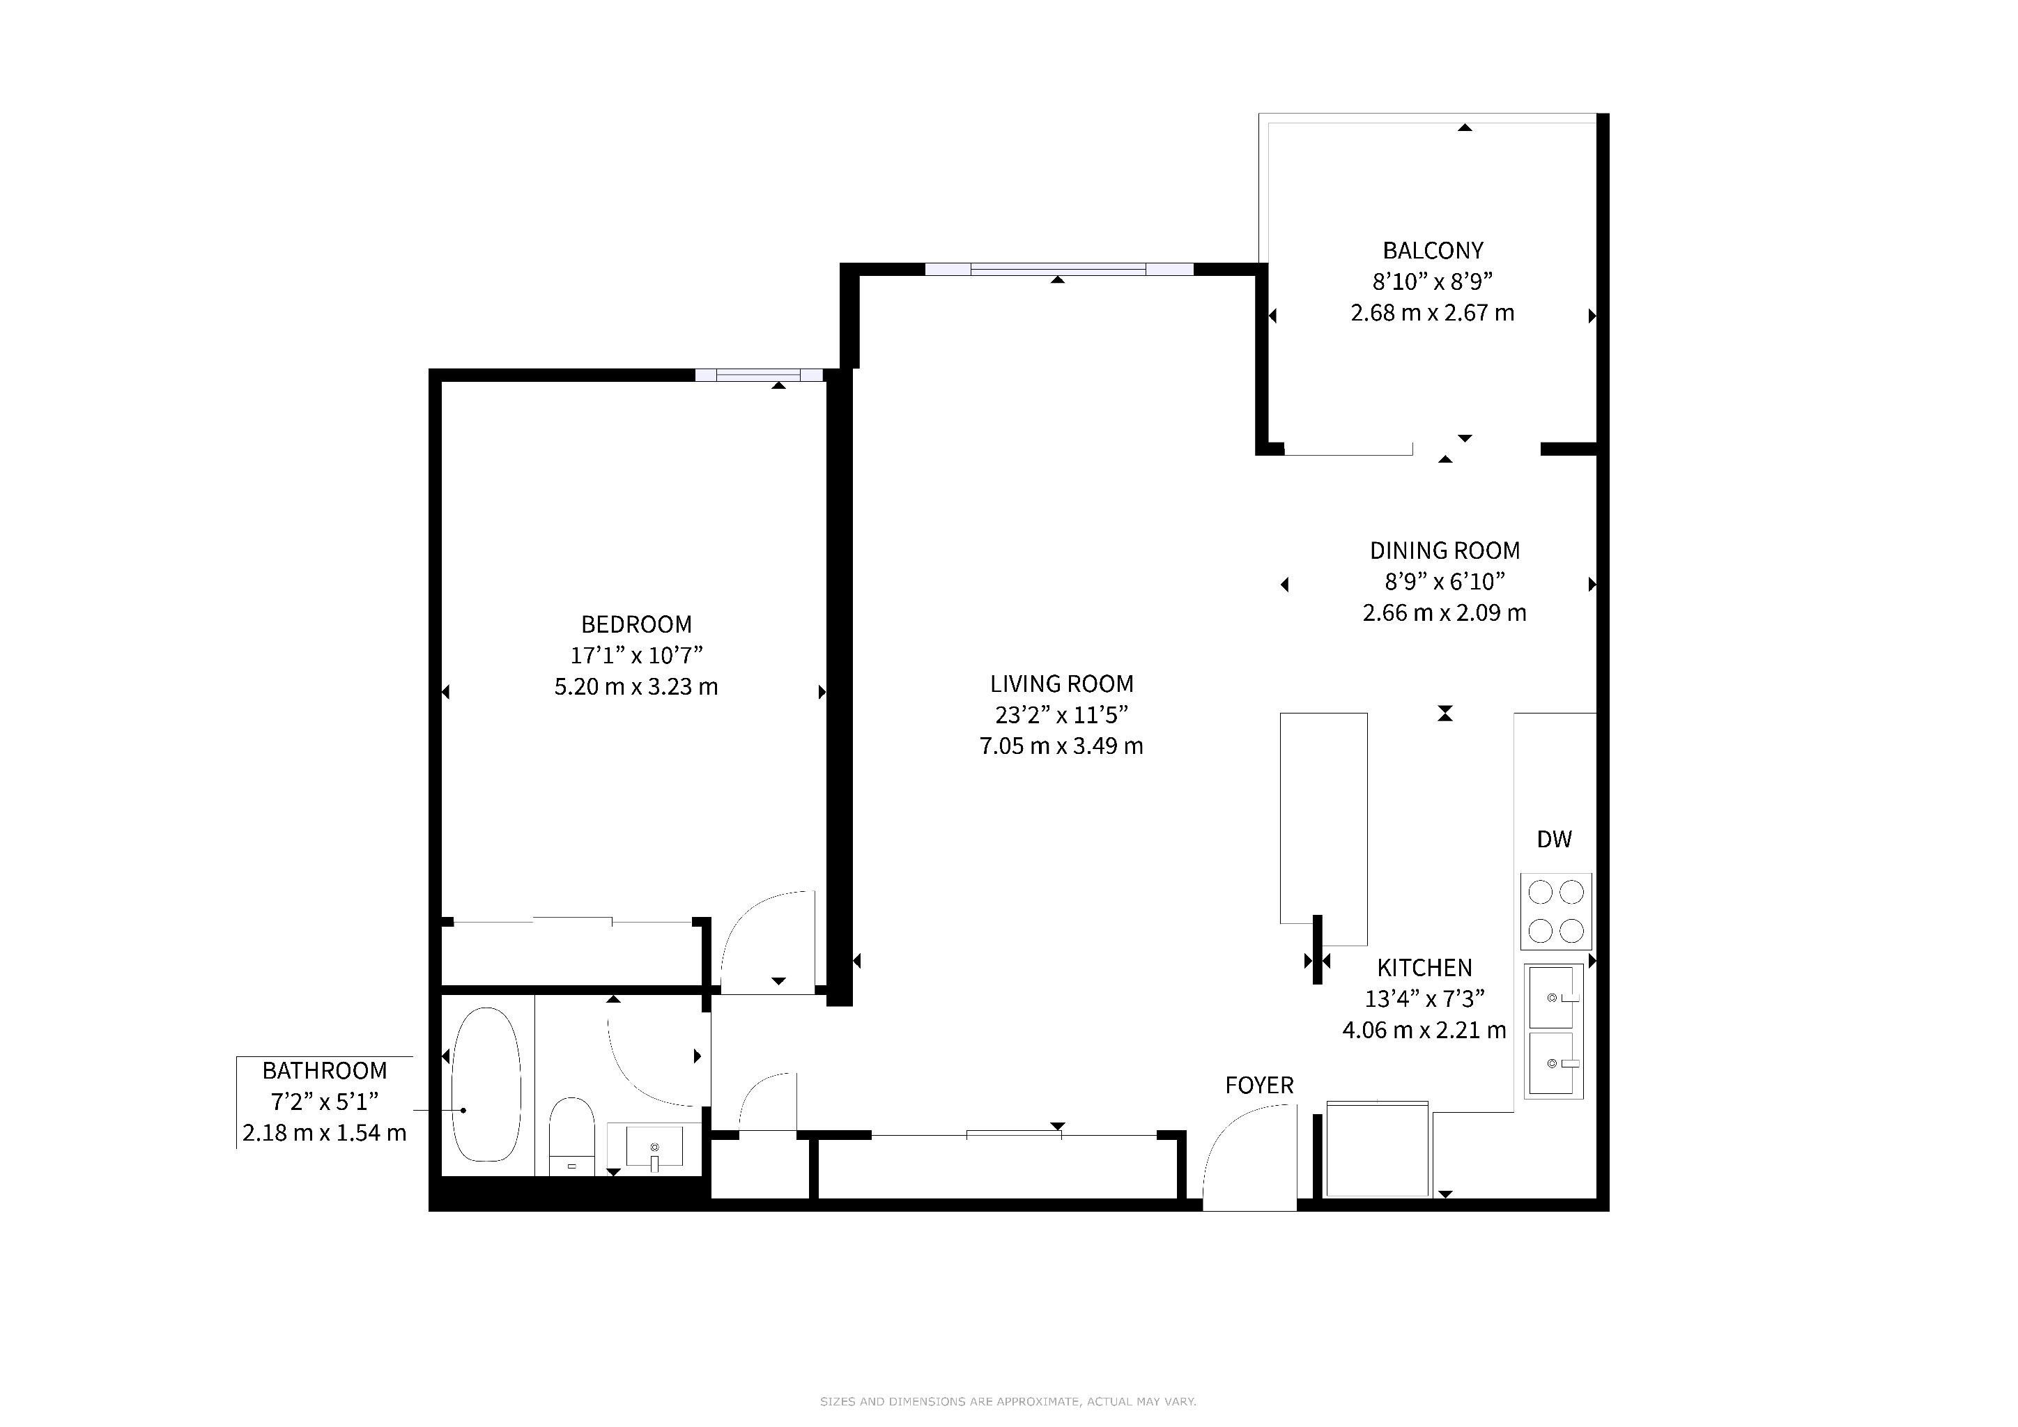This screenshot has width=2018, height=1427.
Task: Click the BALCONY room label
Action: pos(1433,252)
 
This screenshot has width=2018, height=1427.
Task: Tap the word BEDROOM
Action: pos(636,625)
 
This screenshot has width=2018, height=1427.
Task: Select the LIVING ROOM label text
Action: pos(1062,684)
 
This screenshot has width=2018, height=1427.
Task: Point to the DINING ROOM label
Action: pos(1445,551)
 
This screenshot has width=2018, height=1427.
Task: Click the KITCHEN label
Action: pos(1425,969)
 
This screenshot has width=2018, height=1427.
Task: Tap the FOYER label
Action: pos(1259,1086)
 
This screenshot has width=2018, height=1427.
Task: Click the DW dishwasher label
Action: pos(1554,839)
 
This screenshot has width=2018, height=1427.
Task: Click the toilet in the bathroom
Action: pos(571,1135)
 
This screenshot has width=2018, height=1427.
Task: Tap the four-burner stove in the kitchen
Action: pos(1556,911)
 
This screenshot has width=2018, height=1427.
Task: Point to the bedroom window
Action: pos(759,375)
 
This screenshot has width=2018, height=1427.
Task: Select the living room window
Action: pos(1059,269)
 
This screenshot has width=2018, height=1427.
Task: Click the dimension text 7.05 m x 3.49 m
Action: pos(1062,746)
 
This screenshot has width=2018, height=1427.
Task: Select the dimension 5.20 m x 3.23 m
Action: pos(636,686)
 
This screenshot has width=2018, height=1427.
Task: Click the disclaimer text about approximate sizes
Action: pos(1008,1401)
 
